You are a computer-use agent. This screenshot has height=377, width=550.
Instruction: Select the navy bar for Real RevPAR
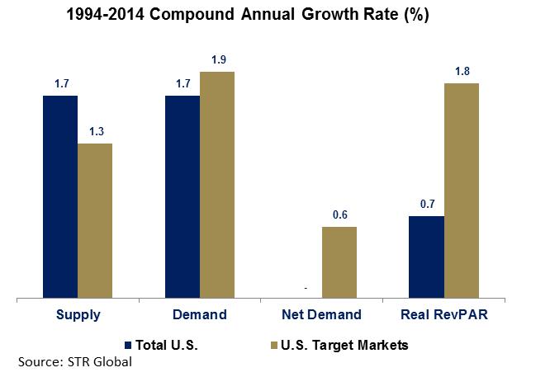pyautogui.click(x=427, y=256)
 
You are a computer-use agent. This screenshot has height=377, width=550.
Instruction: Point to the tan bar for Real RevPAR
pyautogui.click(x=462, y=190)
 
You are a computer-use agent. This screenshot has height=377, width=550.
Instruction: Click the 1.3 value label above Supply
pyautogui.click(x=95, y=131)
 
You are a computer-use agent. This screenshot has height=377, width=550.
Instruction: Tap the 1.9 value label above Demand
pyautogui.click(x=217, y=59)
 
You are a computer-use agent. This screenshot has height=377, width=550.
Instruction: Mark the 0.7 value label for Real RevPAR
pyautogui.click(x=427, y=203)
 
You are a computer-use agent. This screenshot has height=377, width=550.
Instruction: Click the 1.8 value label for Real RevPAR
pyautogui.click(x=462, y=71)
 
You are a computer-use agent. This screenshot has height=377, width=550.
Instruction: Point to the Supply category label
pyautogui.click(x=78, y=314)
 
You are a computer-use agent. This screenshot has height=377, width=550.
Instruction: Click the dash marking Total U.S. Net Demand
pyautogui.click(x=306, y=288)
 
